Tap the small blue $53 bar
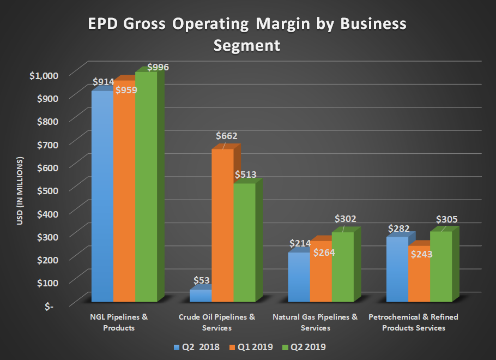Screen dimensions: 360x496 200,295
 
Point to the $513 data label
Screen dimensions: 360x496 245,175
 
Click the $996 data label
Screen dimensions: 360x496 158,68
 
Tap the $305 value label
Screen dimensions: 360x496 447,219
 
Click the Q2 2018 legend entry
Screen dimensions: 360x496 195,346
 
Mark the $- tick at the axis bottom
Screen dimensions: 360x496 49,305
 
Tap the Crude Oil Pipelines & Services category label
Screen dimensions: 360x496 216,322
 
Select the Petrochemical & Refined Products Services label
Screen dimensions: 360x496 413,322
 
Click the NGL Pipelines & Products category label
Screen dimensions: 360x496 119,322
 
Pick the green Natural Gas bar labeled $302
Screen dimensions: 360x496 342,267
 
